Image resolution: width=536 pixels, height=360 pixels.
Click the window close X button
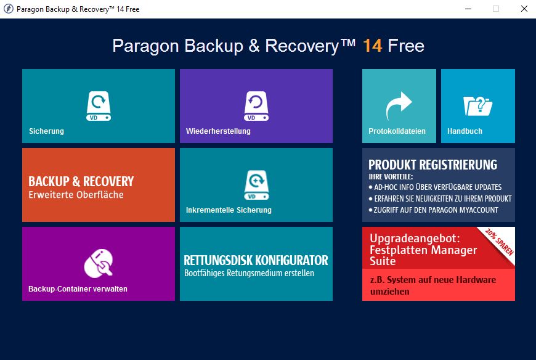524,9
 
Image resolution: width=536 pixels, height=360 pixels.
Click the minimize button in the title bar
468,9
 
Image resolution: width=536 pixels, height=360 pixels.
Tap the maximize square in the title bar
496,9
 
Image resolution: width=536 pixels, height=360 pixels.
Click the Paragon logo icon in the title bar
8,9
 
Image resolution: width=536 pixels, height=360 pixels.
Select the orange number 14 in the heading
372,46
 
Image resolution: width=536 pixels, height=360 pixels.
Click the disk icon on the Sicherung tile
99,105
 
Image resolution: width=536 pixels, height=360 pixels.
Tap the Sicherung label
46,131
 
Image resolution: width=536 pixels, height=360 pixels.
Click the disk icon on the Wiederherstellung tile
256,105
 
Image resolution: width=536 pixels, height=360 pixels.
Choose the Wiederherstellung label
218,131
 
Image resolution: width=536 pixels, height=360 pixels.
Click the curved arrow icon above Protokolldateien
399,105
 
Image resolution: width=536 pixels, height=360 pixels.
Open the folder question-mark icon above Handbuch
478,105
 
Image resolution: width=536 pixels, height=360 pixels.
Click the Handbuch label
465,131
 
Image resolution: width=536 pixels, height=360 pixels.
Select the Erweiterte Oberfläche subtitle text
76,195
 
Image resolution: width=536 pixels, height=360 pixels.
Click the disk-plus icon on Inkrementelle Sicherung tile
256,184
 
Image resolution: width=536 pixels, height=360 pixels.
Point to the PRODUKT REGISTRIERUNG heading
432,165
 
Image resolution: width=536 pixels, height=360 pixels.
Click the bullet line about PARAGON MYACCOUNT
434,210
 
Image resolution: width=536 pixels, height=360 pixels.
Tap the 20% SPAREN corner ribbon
500,242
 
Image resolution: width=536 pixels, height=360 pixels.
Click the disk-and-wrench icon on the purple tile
99,263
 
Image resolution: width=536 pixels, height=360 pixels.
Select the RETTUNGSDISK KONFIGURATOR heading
256,260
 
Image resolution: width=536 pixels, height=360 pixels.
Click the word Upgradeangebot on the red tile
415,239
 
